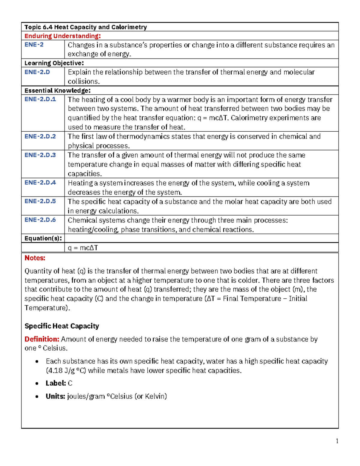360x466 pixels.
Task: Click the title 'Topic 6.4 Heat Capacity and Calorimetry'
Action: pos(85,27)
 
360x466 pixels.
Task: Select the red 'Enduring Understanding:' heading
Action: pos(62,36)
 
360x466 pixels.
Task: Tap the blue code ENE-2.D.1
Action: pos(40,99)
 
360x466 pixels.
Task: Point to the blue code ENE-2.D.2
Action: pos(40,136)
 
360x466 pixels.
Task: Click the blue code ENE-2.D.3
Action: pos(40,155)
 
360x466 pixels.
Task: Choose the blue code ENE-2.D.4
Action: pos(40,183)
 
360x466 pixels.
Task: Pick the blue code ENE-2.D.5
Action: pos(40,201)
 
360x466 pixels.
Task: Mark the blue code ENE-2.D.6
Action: pos(40,220)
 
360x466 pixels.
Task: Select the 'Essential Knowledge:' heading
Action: pos(57,91)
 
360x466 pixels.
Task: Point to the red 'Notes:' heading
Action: pos(35,258)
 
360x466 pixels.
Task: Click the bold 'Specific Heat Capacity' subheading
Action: pos(62,326)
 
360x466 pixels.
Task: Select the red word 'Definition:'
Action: pos(42,339)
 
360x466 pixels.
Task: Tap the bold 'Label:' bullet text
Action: pos(56,383)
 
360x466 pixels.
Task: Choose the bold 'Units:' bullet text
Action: pos(55,396)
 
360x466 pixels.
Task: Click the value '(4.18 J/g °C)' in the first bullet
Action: pos(66,371)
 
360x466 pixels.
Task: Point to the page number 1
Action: pos(337,441)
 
